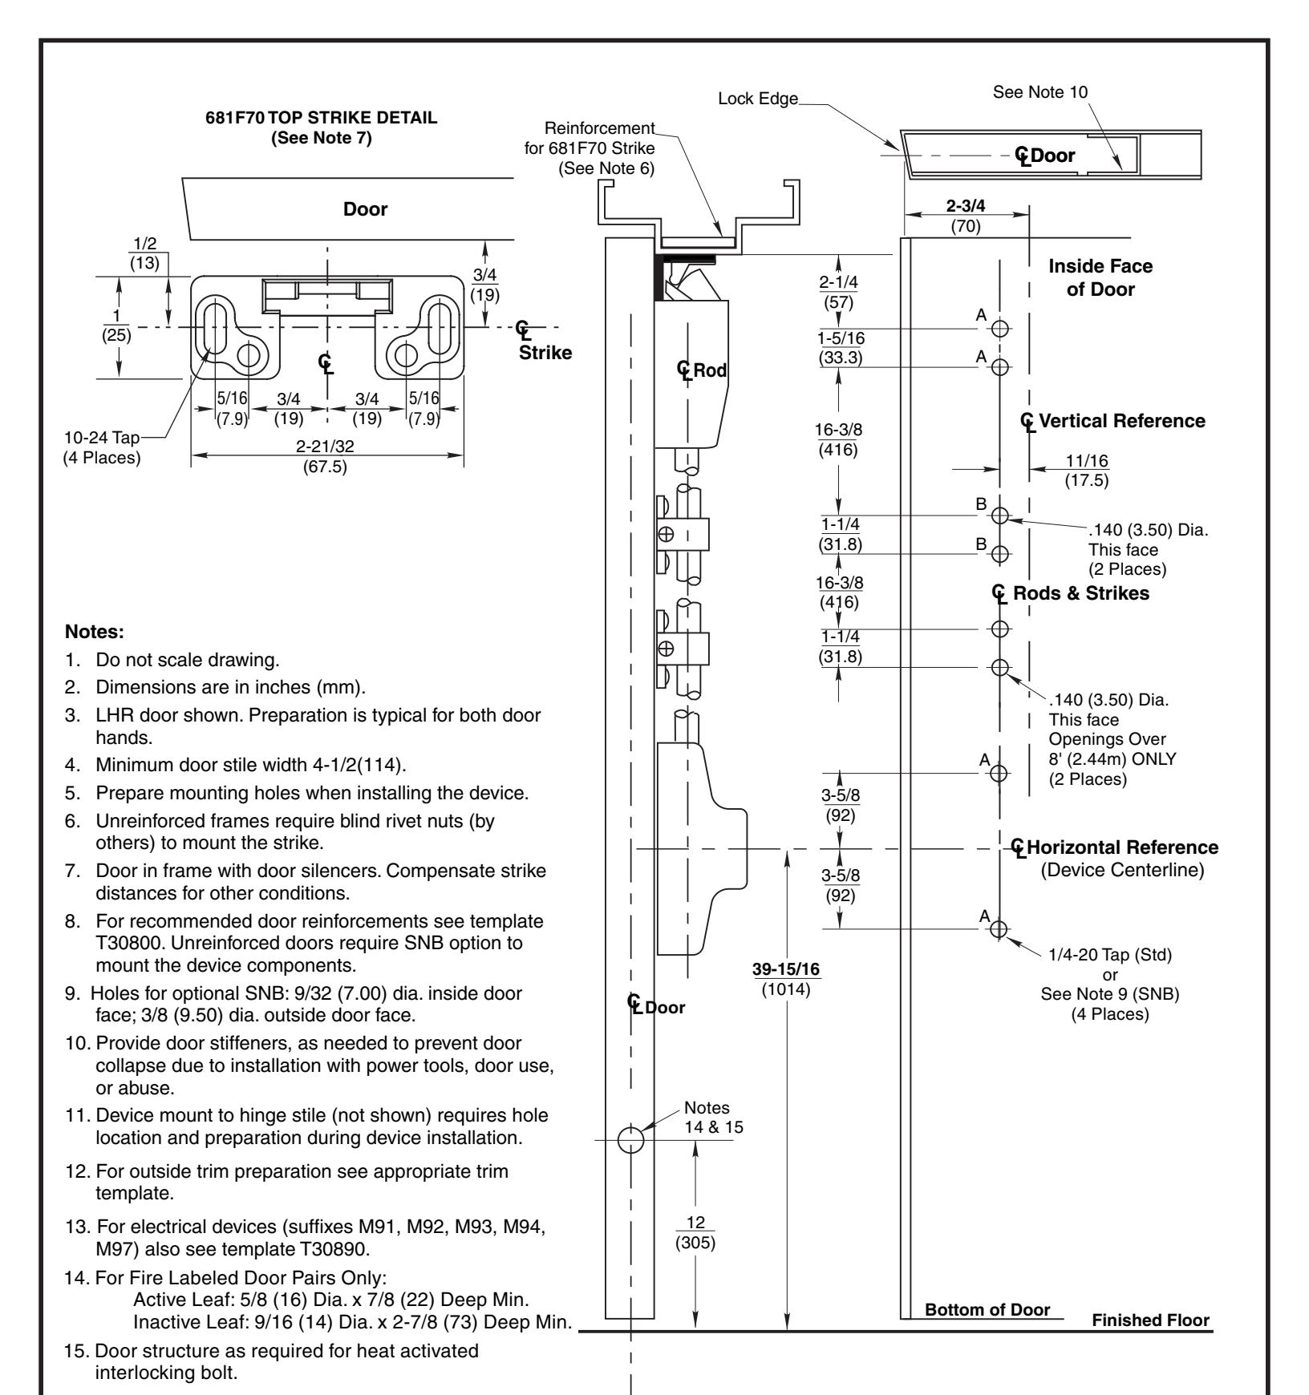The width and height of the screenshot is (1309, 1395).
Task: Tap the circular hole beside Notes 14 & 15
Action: tap(631, 1139)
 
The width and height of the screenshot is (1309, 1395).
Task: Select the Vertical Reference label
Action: tap(1121, 421)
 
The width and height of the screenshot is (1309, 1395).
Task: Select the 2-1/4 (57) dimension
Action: tap(838, 294)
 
